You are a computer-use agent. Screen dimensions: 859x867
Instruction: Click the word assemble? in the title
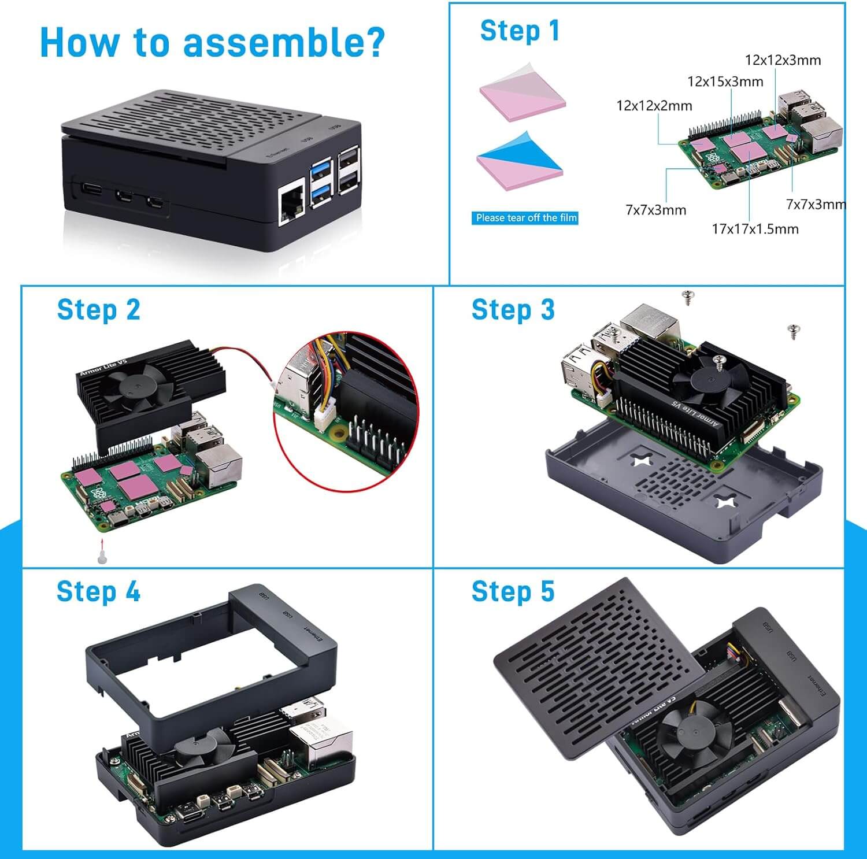click(x=284, y=42)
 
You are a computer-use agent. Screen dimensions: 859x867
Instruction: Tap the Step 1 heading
click(x=520, y=31)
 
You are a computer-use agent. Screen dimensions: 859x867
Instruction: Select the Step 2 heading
click(x=98, y=310)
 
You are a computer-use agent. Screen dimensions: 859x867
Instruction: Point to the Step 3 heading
click(x=513, y=310)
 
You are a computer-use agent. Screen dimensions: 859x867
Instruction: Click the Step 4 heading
click(x=98, y=591)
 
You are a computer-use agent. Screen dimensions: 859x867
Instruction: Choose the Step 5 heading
click(x=513, y=591)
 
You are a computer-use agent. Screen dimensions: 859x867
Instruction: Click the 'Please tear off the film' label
click(x=525, y=218)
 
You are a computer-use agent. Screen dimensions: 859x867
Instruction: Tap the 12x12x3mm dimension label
click(x=783, y=60)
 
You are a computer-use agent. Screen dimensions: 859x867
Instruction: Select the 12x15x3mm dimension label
click(x=725, y=82)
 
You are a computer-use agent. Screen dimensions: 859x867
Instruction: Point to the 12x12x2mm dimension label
click(x=654, y=106)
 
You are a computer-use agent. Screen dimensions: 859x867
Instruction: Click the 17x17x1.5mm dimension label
click(x=755, y=229)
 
